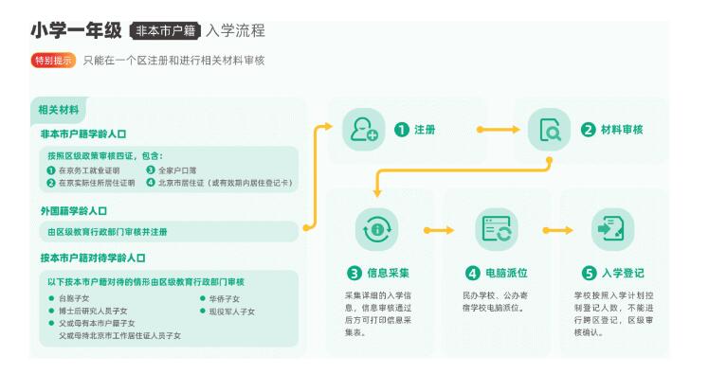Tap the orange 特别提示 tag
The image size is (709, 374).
point(54,61)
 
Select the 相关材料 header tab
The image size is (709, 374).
point(58,110)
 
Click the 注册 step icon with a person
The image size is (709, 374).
point(363,130)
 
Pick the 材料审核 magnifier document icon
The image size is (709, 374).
point(549,130)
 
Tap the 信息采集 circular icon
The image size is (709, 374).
point(376,230)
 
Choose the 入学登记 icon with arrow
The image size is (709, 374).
point(608,230)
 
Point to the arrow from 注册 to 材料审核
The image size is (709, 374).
point(498,130)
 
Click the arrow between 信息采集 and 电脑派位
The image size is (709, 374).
point(437,230)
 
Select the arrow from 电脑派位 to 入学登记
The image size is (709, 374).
point(554,230)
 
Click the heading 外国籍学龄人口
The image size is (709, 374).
point(74,210)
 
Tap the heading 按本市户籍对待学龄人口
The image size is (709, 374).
point(93,258)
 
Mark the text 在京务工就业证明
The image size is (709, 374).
point(91,170)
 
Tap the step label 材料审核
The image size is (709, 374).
point(624,130)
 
